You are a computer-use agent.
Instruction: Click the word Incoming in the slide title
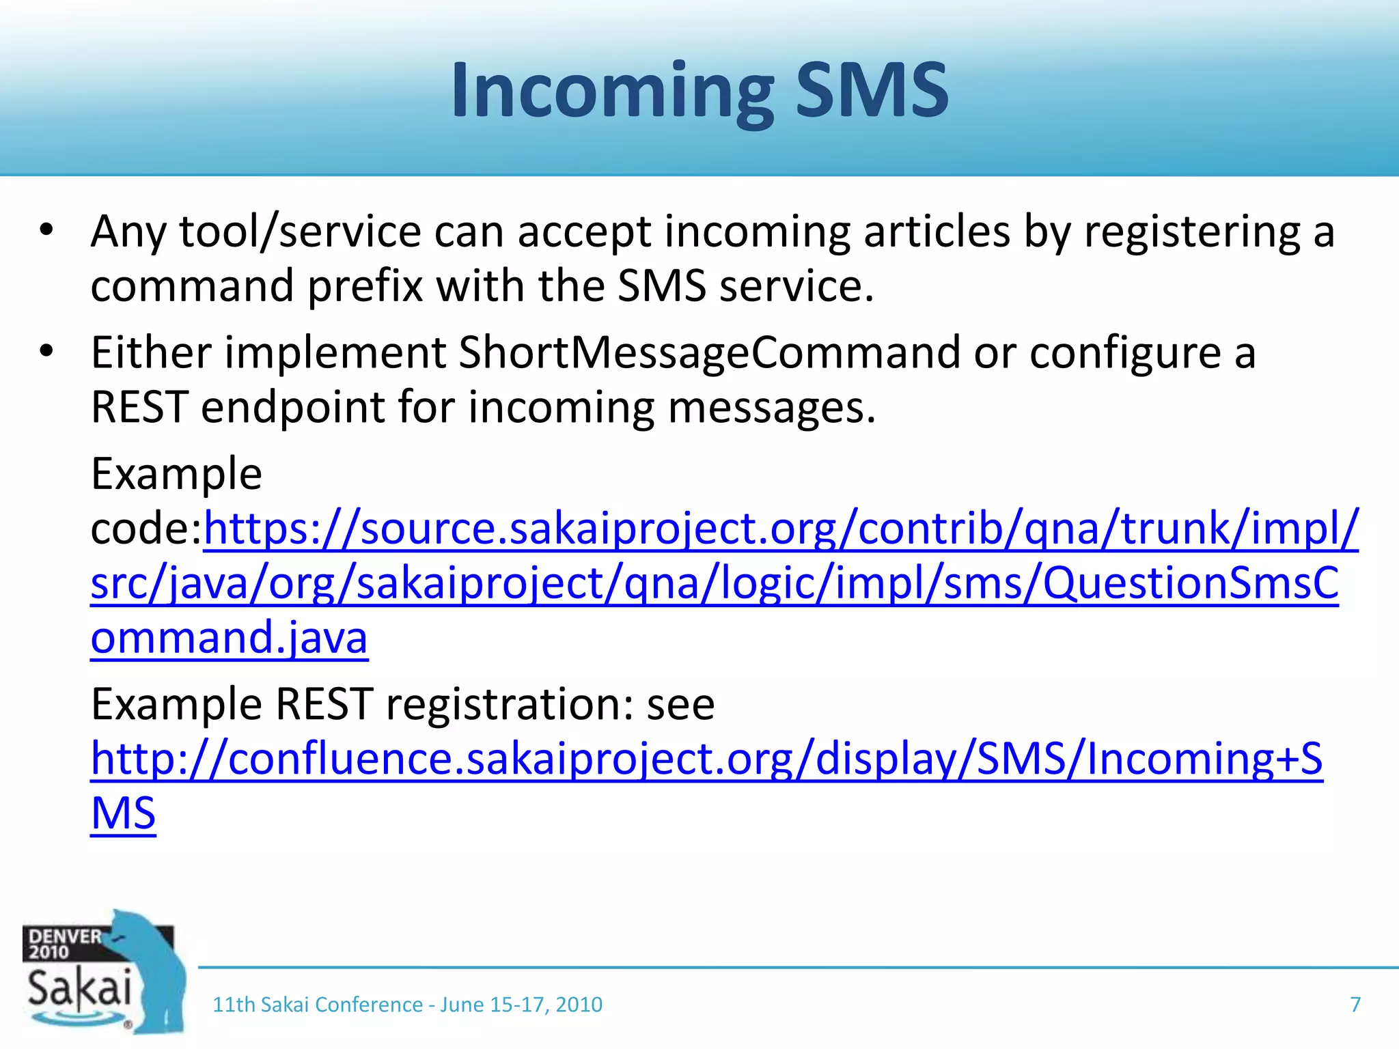click(x=611, y=91)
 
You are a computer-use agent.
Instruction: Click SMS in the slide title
click(x=872, y=91)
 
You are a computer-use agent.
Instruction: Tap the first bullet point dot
click(x=46, y=230)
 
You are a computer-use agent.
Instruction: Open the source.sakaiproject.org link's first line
click(x=780, y=529)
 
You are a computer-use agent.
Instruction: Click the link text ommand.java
click(x=229, y=638)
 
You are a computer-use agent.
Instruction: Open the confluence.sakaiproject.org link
click(x=706, y=759)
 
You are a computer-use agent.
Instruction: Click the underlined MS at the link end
click(x=123, y=813)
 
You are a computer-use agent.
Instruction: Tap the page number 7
click(x=1355, y=1005)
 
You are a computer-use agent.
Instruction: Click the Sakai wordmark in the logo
click(x=79, y=988)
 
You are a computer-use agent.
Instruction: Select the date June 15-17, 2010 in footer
click(x=521, y=1005)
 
